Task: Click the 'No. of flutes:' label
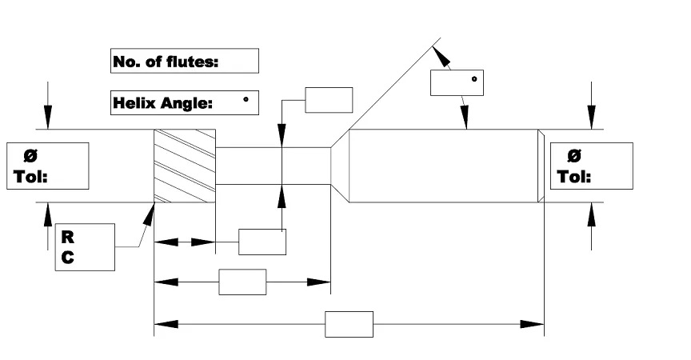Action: pos(166,61)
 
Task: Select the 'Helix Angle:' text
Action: pos(163,102)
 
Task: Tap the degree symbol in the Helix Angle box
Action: pos(246,99)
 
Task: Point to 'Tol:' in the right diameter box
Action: pos(574,176)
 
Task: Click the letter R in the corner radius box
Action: pos(68,238)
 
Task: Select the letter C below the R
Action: pos(68,258)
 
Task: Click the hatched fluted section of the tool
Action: pos(185,166)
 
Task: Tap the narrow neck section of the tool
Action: pos(273,166)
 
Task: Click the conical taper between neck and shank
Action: pos(340,166)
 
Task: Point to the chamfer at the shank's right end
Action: pos(541,166)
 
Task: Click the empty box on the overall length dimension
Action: pos(349,325)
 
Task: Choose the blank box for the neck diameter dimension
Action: pos(329,100)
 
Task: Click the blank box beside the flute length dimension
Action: pos(262,242)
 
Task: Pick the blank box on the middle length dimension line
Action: pos(242,282)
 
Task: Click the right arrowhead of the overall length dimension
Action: pos(536,325)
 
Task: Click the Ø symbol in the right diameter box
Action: pos(573,156)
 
